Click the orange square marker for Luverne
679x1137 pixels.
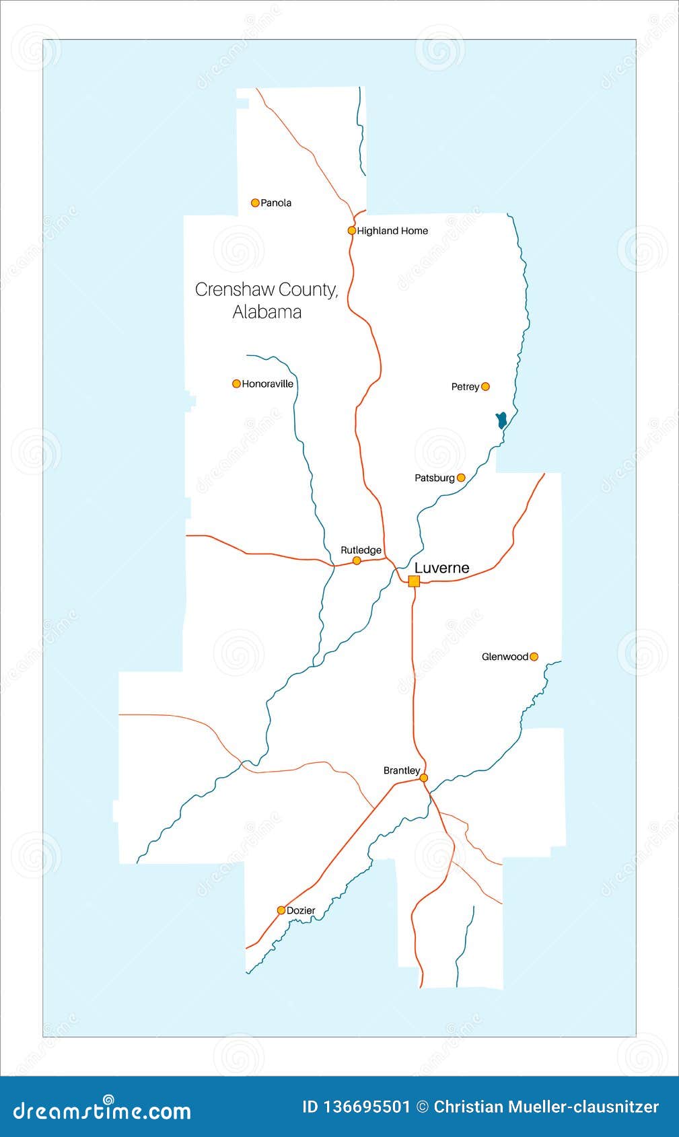pyautogui.click(x=414, y=581)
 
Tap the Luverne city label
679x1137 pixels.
pyautogui.click(x=441, y=568)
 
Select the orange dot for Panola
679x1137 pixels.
pyautogui.click(x=255, y=203)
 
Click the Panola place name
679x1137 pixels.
pyautogui.click(x=276, y=203)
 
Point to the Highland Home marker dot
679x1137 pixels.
pyautogui.click(x=351, y=230)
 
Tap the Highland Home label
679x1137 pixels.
pyautogui.click(x=392, y=231)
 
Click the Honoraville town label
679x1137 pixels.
pyautogui.click(x=268, y=383)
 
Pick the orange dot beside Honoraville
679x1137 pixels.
pyautogui.click(x=236, y=383)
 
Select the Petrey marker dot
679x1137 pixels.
pyautogui.click(x=485, y=386)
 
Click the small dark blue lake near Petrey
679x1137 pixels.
pyautogui.click(x=501, y=420)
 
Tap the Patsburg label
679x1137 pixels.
pyautogui.click(x=435, y=478)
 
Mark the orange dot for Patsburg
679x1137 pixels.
pyautogui.click(x=461, y=478)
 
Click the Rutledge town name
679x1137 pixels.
pyautogui.click(x=361, y=550)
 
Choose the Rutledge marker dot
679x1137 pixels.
pyautogui.click(x=357, y=560)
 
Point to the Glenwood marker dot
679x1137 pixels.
pyautogui.click(x=534, y=657)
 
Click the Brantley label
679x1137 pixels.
pyautogui.click(x=402, y=770)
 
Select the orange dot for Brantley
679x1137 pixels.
pyautogui.click(x=423, y=778)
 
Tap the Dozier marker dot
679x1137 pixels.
pyautogui.click(x=281, y=910)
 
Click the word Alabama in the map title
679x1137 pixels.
pyautogui.click(x=267, y=312)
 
